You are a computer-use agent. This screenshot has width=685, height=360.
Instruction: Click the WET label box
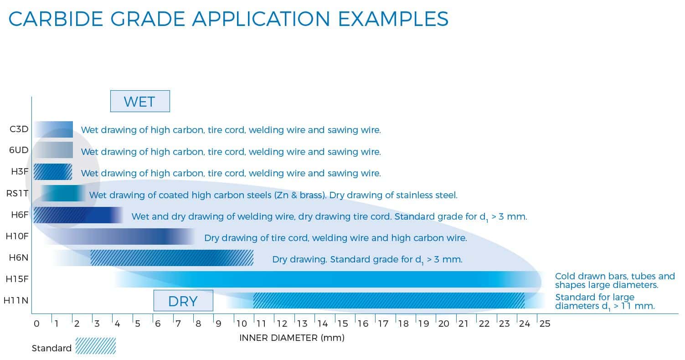pos(140,101)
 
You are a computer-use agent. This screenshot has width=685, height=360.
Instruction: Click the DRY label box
pos(183,301)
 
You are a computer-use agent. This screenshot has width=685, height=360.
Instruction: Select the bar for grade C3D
pos(53,129)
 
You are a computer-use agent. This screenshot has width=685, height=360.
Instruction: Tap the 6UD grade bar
pos(53,150)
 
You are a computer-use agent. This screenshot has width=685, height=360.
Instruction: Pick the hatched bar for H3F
pos(53,172)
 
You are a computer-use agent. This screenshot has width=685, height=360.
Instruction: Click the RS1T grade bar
pos(63,193)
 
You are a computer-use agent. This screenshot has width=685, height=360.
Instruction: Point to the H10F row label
pos(17,236)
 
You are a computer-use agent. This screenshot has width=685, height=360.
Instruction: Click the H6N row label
pos(18,257)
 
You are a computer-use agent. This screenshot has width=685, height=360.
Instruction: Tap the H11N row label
pos(16,300)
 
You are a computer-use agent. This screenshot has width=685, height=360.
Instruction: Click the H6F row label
pos(20,215)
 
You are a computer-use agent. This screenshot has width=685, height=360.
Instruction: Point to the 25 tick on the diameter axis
pos(545,324)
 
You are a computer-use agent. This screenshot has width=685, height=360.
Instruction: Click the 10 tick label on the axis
pos(242,324)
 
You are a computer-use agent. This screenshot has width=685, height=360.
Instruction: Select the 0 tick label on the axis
pos(36,324)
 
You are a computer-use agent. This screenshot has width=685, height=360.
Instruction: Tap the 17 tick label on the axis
pos(383,324)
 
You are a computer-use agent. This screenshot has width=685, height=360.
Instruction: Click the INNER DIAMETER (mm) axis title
pos(292,338)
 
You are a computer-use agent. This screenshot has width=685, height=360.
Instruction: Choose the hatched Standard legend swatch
pos(96,346)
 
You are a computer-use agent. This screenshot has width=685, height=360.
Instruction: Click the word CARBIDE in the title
pos(56,19)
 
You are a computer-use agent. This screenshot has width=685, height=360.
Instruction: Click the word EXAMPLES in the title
pos(393,19)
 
